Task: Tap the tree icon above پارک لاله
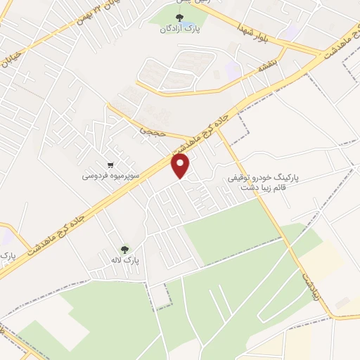click(125, 249)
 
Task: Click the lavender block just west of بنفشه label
click(233, 70)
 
